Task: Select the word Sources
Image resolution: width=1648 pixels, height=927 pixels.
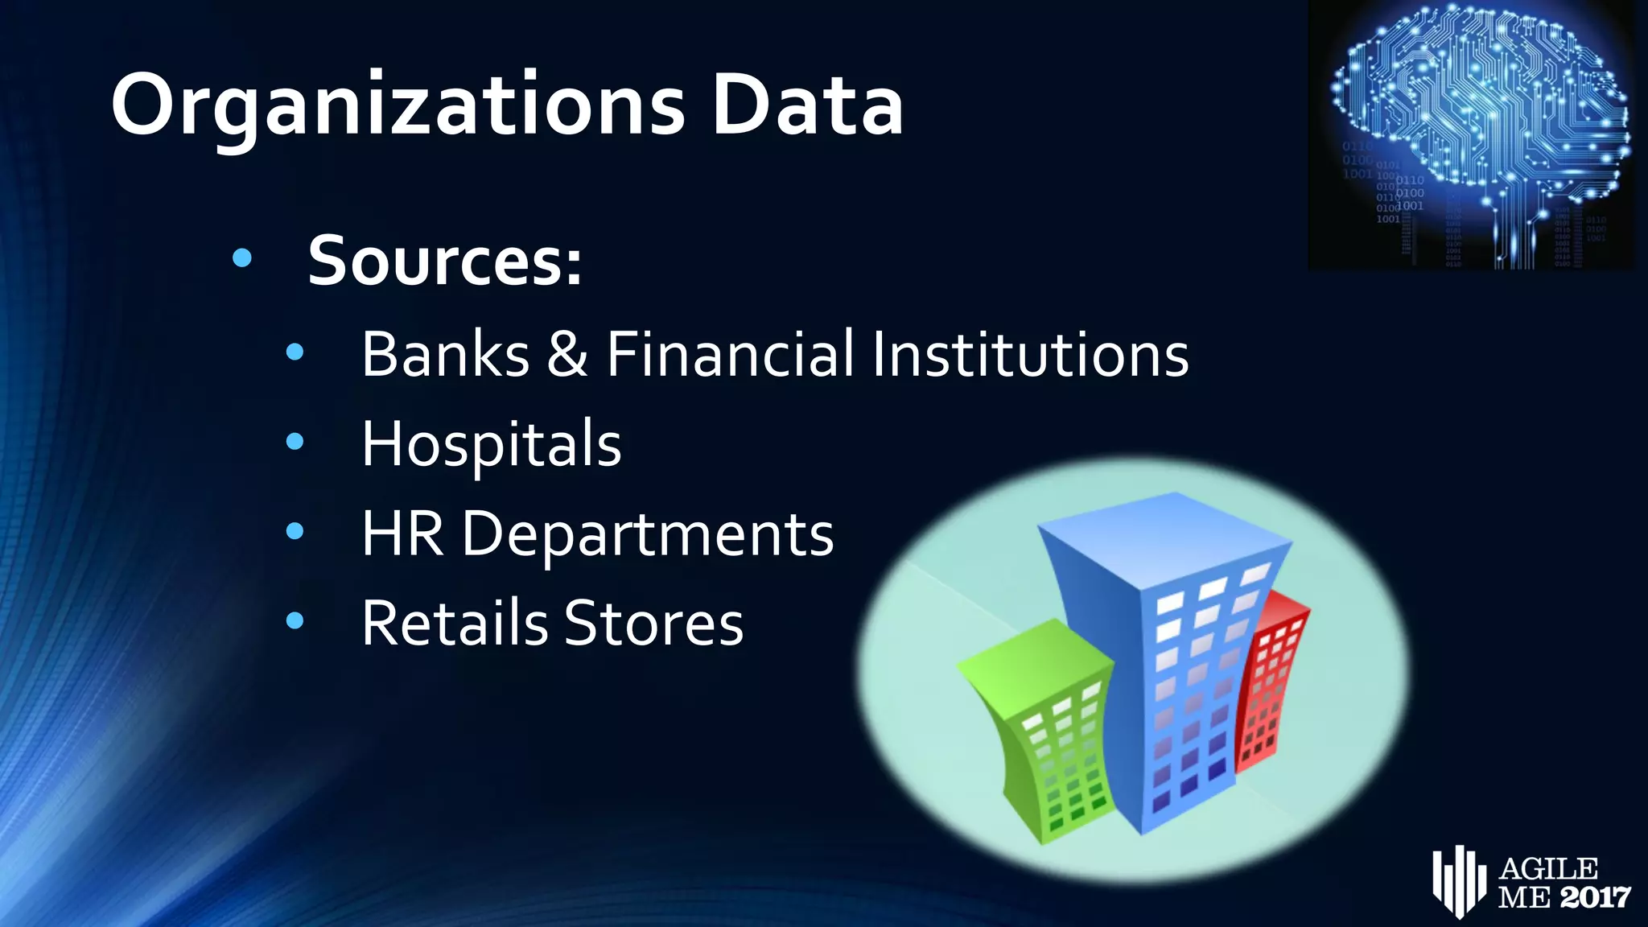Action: (x=444, y=261)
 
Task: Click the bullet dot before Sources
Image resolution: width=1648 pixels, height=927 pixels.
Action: (x=241, y=258)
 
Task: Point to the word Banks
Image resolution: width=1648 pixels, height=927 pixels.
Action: (x=445, y=354)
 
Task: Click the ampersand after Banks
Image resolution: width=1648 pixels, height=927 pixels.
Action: (x=567, y=354)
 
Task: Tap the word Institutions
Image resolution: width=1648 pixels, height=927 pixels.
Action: (x=1030, y=354)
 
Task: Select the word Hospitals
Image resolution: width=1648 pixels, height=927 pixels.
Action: (x=491, y=444)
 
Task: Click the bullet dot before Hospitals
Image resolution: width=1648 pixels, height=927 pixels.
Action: (x=295, y=441)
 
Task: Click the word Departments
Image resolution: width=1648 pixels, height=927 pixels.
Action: (x=648, y=535)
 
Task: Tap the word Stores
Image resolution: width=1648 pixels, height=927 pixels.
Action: (x=653, y=624)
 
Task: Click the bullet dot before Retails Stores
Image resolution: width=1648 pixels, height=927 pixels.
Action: (x=295, y=620)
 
